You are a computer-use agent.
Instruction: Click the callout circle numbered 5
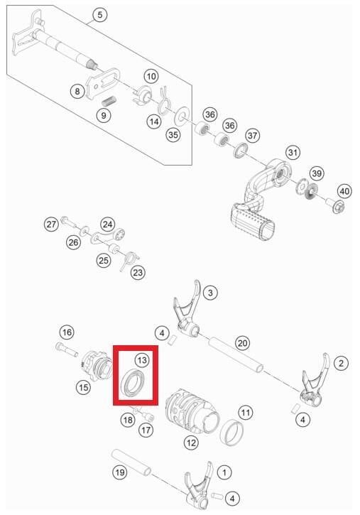pyautogui.click(x=100, y=15)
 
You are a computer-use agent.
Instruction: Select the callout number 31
pyautogui.click(x=293, y=153)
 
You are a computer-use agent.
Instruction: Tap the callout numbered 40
pyautogui.click(x=344, y=191)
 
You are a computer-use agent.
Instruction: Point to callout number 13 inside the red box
pyautogui.click(x=142, y=360)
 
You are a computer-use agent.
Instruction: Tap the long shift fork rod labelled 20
pyautogui.click(x=236, y=354)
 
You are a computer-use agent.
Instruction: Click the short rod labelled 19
pyautogui.click(x=131, y=462)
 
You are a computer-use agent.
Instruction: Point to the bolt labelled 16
pyautogui.click(x=67, y=349)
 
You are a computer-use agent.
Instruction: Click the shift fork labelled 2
pyautogui.click(x=315, y=381)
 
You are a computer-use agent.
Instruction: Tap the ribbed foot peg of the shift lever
pyautogui.click(x=253, y=222)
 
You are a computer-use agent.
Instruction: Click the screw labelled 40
pyautogui.click(x=334, y=206)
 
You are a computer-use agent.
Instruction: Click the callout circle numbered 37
pyautogui.click(x=252, y=135)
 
